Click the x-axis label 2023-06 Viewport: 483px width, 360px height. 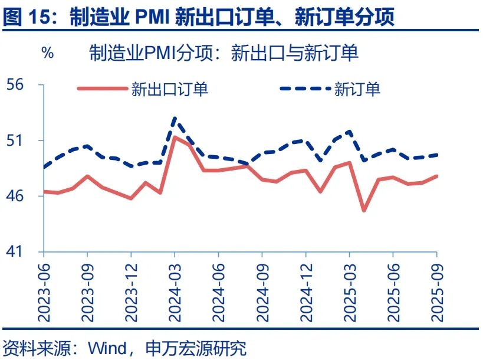tap(44, 290)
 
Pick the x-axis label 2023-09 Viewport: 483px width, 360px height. tap(88, 290)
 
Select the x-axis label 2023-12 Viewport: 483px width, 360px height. tap(132, 290)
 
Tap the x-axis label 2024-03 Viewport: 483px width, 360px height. tap(175, 290)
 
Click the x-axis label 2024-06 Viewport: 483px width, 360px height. tap(219, 290)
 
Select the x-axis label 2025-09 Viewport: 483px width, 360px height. tap(437, 290)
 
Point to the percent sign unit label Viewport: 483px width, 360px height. tap(47, 53)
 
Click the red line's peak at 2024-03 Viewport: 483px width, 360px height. tap(175, 137)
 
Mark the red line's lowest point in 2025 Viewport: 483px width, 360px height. tap(364, 210)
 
